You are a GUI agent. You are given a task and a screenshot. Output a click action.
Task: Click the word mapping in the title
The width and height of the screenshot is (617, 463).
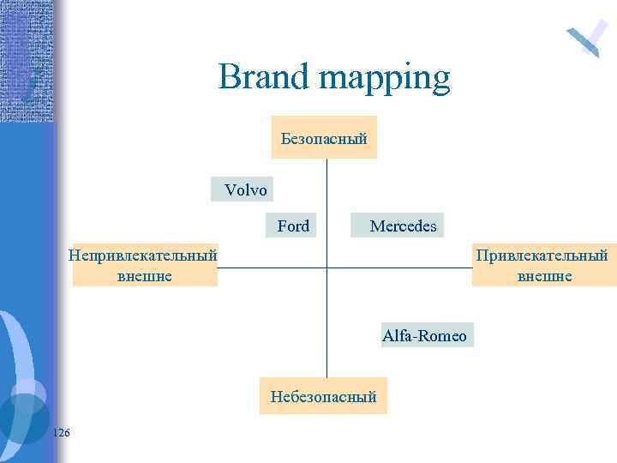coord(385,80)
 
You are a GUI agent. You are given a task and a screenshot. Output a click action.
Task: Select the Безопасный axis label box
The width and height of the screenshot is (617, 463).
coord(324,137)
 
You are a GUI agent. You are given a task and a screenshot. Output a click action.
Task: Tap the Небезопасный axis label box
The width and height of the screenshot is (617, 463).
coord(323,396)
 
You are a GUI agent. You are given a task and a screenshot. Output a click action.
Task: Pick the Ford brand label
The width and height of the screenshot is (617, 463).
coord(293,226)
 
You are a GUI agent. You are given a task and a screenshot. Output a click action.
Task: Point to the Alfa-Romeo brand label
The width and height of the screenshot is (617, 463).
coord(425,335)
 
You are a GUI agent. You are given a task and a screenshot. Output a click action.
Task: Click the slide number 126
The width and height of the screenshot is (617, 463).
coord(61,432)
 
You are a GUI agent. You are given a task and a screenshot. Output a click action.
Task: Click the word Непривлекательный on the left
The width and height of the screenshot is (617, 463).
coord(144,255)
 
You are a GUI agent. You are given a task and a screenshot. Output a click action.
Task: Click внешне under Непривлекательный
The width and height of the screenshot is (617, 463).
coord(144,275)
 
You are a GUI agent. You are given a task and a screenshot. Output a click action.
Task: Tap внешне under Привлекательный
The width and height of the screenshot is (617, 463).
coord(544,275)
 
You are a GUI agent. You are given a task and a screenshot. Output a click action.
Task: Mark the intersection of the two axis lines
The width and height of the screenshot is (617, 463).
coord(326,268)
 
